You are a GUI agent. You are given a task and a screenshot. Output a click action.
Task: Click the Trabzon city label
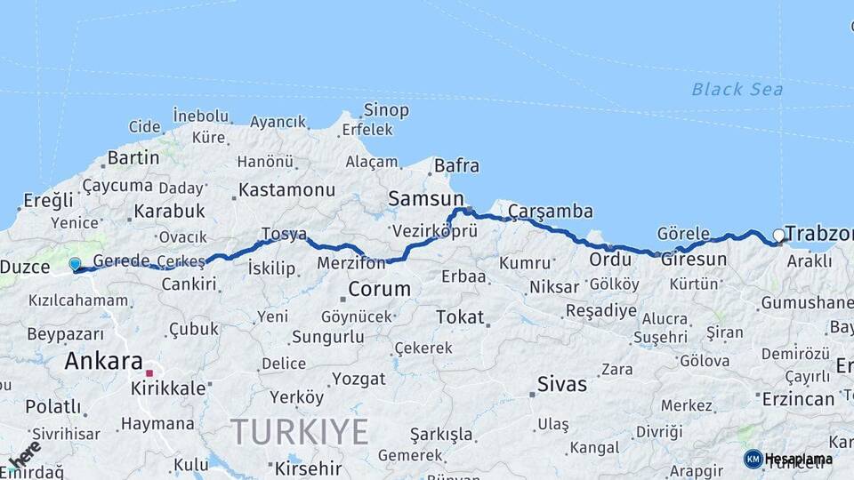[819, 234]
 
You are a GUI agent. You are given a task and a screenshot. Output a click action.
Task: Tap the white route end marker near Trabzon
[778, 236]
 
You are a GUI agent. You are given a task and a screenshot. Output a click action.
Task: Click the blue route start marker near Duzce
[75, 264]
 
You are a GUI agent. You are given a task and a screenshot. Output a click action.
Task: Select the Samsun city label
[426, 199]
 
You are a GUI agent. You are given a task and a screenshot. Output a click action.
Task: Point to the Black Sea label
[737, 89]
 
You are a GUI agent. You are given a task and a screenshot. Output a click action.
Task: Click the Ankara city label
[103, 361]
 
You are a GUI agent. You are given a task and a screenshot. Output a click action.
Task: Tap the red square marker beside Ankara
[149, 373]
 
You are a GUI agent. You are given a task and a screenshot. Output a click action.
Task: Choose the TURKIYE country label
[300, 431]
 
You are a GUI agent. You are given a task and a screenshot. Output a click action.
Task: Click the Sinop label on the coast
[386, 110]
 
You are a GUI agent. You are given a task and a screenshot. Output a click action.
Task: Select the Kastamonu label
[286, 190]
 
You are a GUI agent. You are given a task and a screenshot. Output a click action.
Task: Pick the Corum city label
[380, 289]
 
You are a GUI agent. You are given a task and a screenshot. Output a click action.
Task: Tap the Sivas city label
[562, 384]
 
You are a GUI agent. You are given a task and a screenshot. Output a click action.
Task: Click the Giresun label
[694, 260]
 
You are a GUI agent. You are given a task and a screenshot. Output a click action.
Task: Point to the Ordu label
[610, 260]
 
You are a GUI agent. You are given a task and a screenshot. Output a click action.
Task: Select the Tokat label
[460, 316]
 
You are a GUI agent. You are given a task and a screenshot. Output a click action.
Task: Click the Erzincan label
[798, 399]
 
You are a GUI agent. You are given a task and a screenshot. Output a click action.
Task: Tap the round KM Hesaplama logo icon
[753, 459]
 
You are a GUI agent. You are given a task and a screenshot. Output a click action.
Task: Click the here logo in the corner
[23, 453]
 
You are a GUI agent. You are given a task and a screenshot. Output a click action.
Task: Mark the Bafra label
[456, 165]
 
